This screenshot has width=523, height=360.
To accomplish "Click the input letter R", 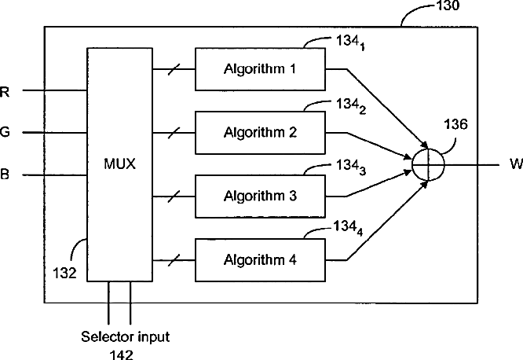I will coord(5,92).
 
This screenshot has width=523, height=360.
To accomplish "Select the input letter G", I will coord(5,133).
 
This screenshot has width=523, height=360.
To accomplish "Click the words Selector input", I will coord(125,336).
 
